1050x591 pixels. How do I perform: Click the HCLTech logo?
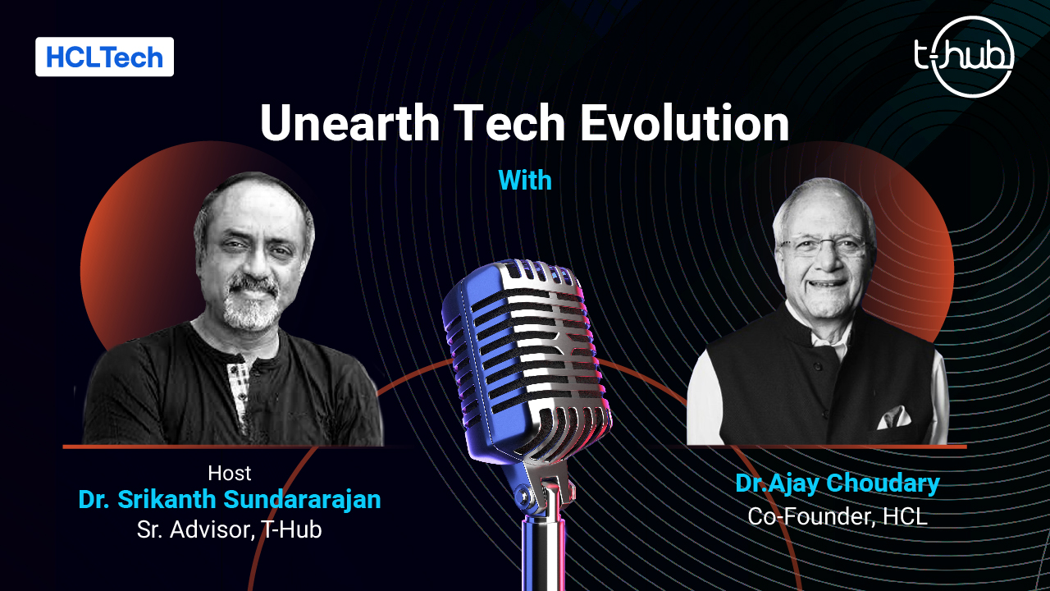pyautogui.click(x=104, y=57)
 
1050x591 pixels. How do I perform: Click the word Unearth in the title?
pyautogui.click(x=349, y=123)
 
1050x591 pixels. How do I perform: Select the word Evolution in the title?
pyautogui.click(x=685, y=123)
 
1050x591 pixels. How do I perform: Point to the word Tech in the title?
pyautogui.click(x=509, y=123)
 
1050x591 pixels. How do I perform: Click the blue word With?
pyautogui.click(x=525, y=180)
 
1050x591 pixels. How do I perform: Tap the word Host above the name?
pyautogui.click(x=229, y=474)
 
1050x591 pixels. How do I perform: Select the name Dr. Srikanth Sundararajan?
pyautogui.click(x=229, y=499)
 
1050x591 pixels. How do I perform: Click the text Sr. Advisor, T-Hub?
pyautogui.click(x=229, y=529)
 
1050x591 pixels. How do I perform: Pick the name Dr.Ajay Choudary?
pyautogui.click(x=838, y=483)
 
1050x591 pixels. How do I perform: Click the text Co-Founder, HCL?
pyautogui.click(x=838, y=516)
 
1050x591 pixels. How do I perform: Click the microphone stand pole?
pyautogui.click(x=544, y=553)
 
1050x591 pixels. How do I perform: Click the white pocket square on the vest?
pyautogui.click(x=893, y=418)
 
